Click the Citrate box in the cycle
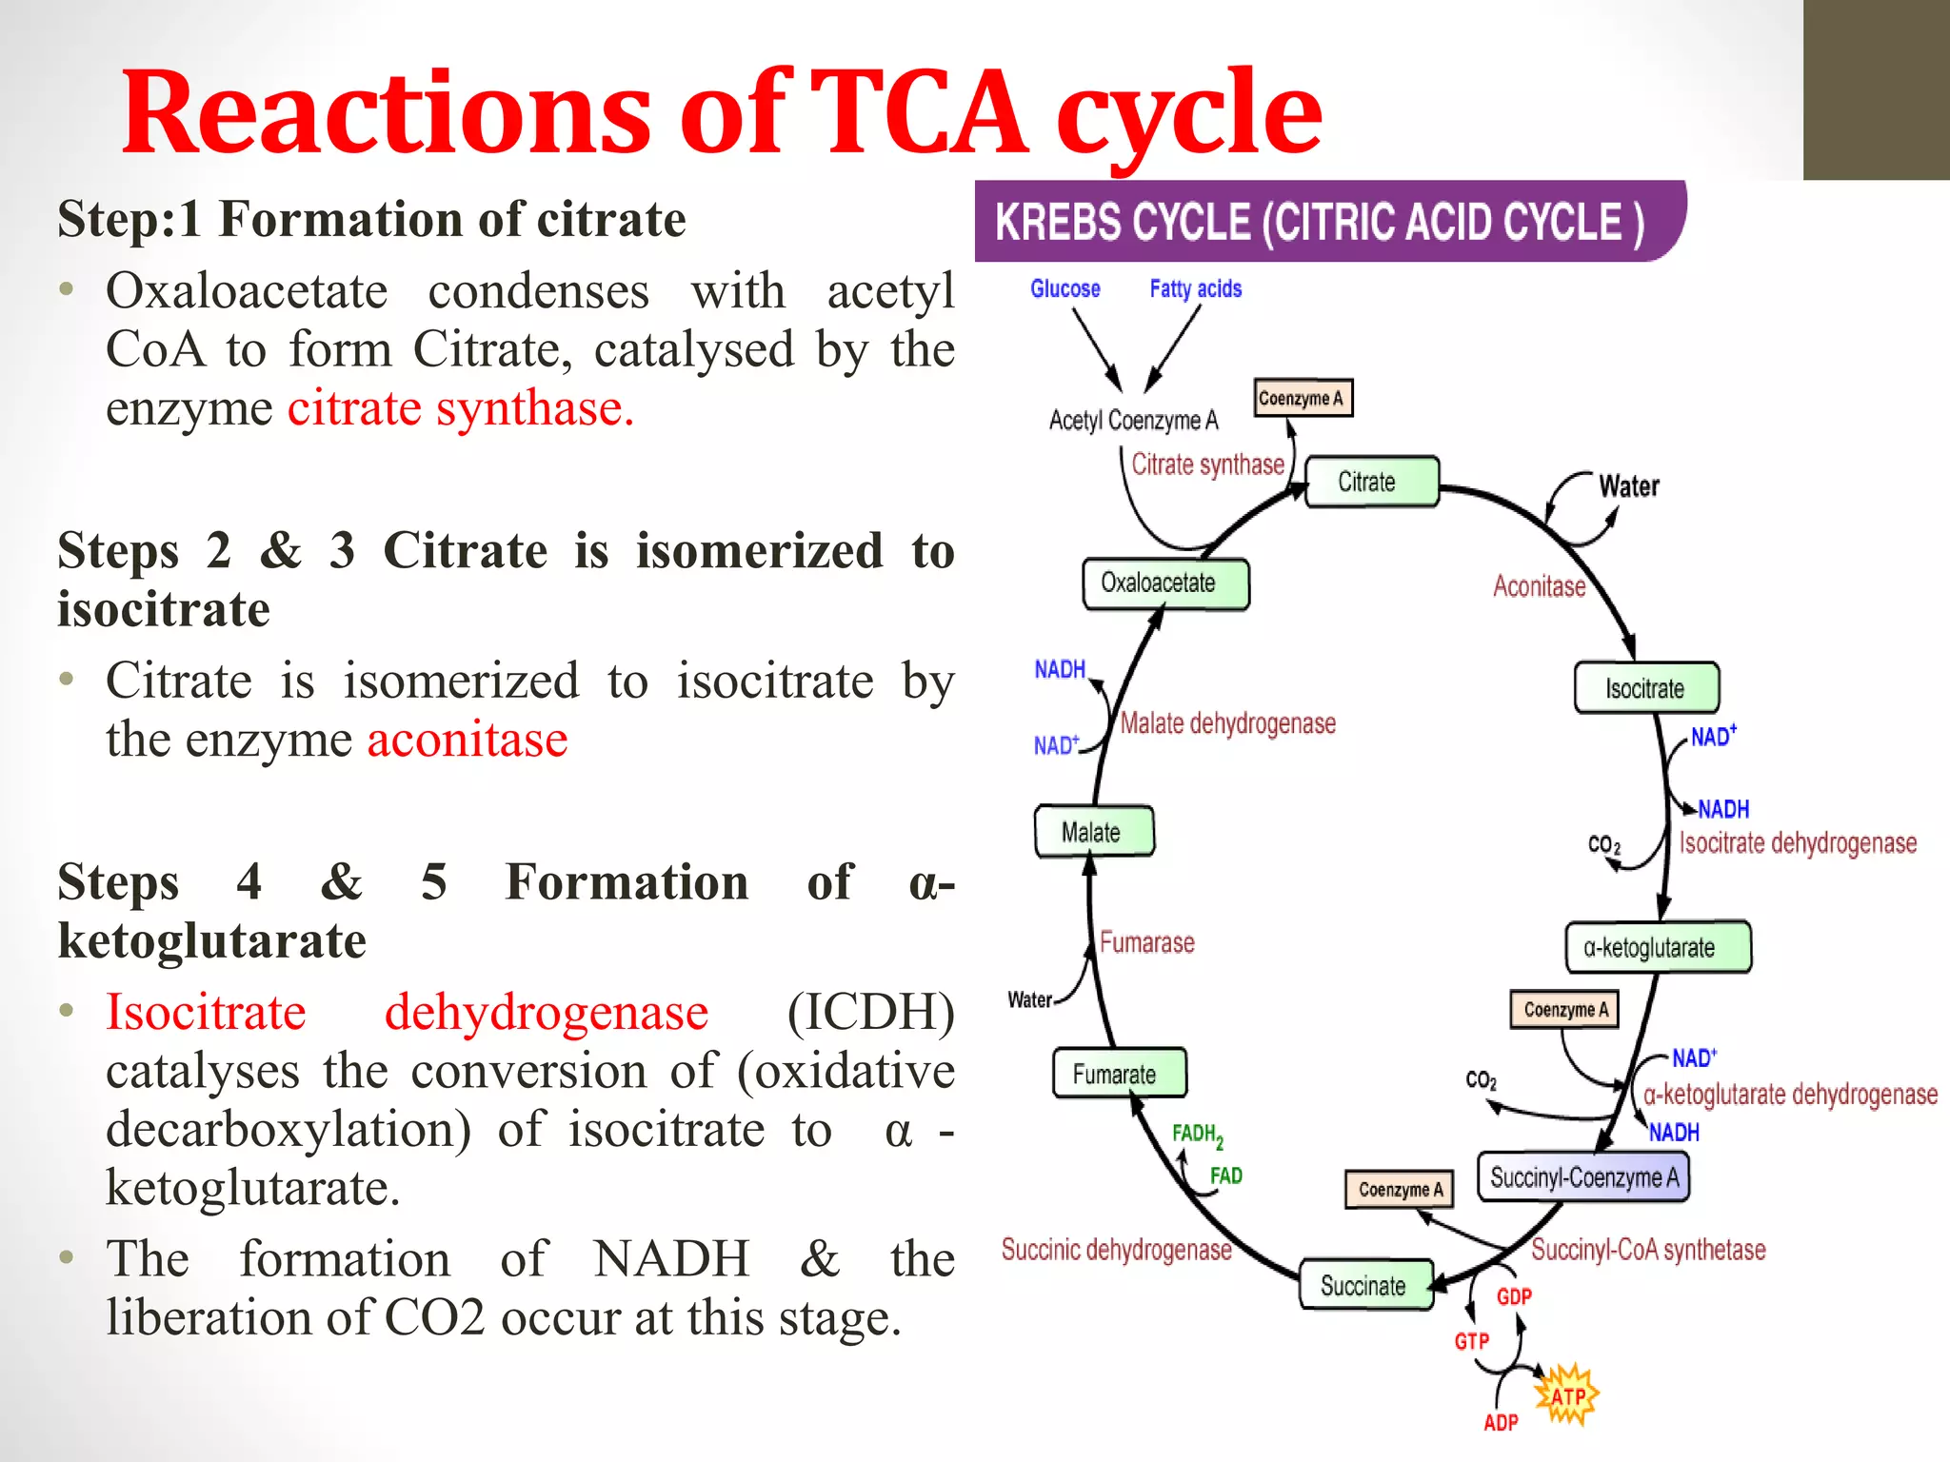click(1371, 482)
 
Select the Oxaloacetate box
click(1165, 583)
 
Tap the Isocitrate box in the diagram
click(1646, 688)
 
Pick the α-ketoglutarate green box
click(1659, 947)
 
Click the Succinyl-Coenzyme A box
click(1582, 1177)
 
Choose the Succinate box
click(1366, 1285)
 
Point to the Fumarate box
click(1119, 1074)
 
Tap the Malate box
click(1094, 832)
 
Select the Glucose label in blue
click(1065, 288)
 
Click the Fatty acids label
click(1195, 288)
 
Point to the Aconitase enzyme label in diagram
click(1539, 586)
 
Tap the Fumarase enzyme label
click(1146, 942)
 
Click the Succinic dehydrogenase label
click(1116, 1250)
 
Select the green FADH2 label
click(1196, 1135)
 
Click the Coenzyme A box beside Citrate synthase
click(1302, 398)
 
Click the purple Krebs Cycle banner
click(1328, 222)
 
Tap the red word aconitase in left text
click(468, 740)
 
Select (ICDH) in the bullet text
click(870, 1012)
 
